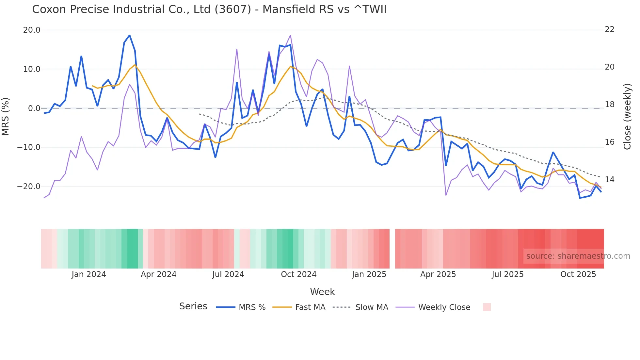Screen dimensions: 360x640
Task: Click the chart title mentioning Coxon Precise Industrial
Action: point(209,9)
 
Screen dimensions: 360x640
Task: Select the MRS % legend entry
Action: point(252,307)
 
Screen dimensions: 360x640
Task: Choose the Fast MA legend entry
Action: point(310,307)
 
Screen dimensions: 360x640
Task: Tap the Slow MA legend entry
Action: point(372,307)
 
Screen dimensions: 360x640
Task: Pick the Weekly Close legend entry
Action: point(444,307)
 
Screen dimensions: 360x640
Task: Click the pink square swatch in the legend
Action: point(487,307)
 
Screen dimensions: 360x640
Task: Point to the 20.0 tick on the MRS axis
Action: point(32,30)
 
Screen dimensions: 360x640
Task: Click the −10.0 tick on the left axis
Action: point(29,147)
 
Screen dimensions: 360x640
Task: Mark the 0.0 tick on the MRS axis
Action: point(34,108)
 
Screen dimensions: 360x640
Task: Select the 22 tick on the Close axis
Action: point(610,29)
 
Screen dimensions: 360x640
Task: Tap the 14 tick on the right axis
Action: point(610,180)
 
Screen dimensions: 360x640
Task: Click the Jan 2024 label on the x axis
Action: point(89,274)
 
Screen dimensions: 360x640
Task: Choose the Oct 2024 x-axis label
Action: point(298,274)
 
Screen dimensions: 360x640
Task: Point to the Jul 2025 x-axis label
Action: point(507,274)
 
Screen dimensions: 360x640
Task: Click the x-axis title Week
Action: point(322,292)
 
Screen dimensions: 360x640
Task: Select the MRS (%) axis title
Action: point(5,116)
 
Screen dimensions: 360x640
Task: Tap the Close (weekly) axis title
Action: point(627,117)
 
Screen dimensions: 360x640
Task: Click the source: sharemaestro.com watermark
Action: point(578,256)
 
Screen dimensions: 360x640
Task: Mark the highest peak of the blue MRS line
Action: point(130,35)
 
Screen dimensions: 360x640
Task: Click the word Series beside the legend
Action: point(193,306)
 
